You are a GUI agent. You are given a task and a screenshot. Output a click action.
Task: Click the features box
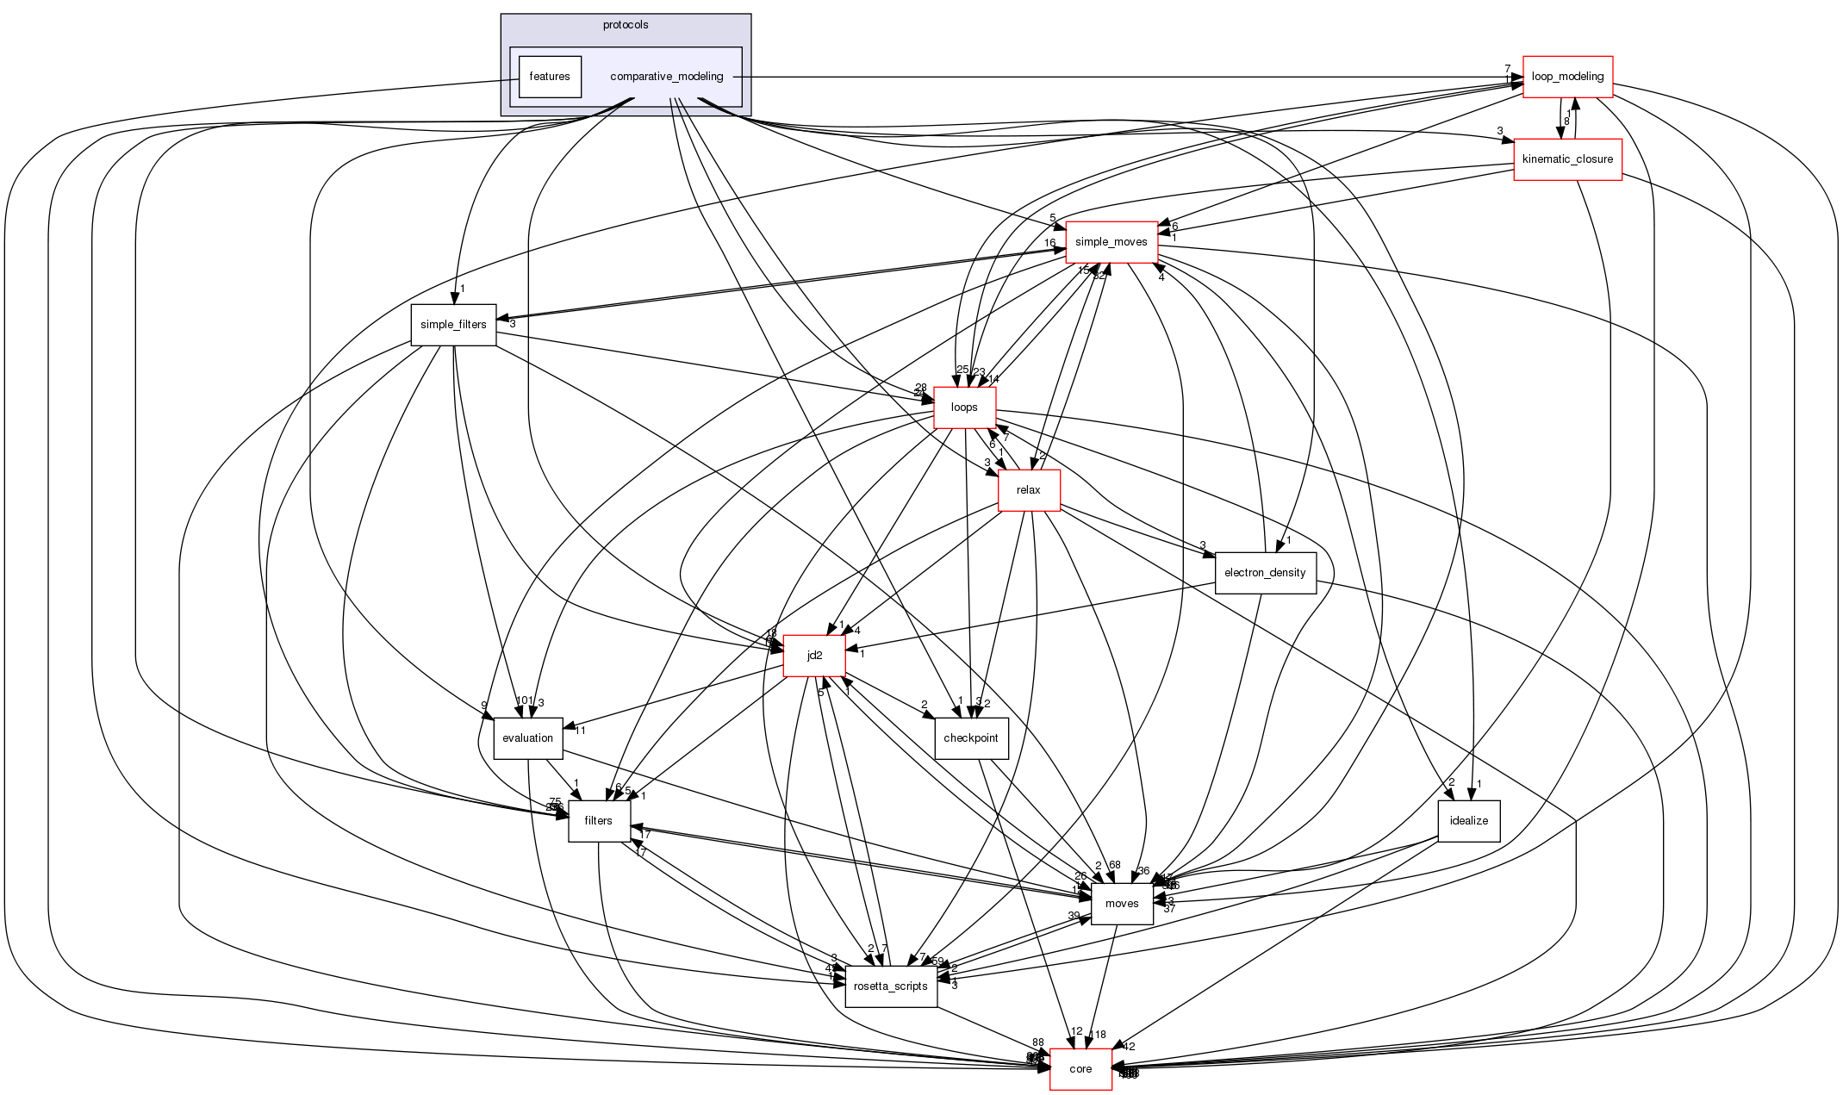(x=549, y=77)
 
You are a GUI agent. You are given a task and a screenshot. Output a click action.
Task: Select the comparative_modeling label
(x=666, y=77)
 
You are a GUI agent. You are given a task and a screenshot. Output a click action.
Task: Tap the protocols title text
(x=625, y=25)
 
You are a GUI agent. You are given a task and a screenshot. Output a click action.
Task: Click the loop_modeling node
(x=1567, y=77)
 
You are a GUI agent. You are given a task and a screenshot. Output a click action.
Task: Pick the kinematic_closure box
(x=1567, y=159)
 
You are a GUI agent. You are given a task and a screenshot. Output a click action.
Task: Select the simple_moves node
(x=1111, y=242)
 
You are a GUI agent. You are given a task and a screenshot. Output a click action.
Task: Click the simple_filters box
(x=453, y=325)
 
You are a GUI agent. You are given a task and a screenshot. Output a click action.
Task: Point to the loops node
(x=964, y=408)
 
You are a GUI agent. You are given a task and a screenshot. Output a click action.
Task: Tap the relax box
(x=1028, y=490)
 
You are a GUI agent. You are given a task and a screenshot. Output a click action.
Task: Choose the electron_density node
(x=1265, y=573)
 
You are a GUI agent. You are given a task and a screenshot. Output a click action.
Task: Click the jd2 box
(x=813, y=656)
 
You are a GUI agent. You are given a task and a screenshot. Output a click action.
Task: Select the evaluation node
(x=527, y=738)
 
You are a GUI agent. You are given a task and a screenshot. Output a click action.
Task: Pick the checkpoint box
(x=970, y=738)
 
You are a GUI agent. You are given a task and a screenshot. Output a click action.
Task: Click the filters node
(x=598, y=821)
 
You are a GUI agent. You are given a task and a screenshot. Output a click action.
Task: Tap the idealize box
(x=1468, y=821)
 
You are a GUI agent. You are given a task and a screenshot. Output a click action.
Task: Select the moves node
(x=1121, y=904)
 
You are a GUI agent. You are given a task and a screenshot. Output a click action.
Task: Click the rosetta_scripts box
(x=890, y=986)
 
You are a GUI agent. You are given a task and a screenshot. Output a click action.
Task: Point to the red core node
(x=1080, y=1069)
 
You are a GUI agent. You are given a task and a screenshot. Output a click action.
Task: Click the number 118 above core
(x=1097, y=1035)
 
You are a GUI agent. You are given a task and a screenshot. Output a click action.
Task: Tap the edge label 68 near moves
(x=1114, y=865)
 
